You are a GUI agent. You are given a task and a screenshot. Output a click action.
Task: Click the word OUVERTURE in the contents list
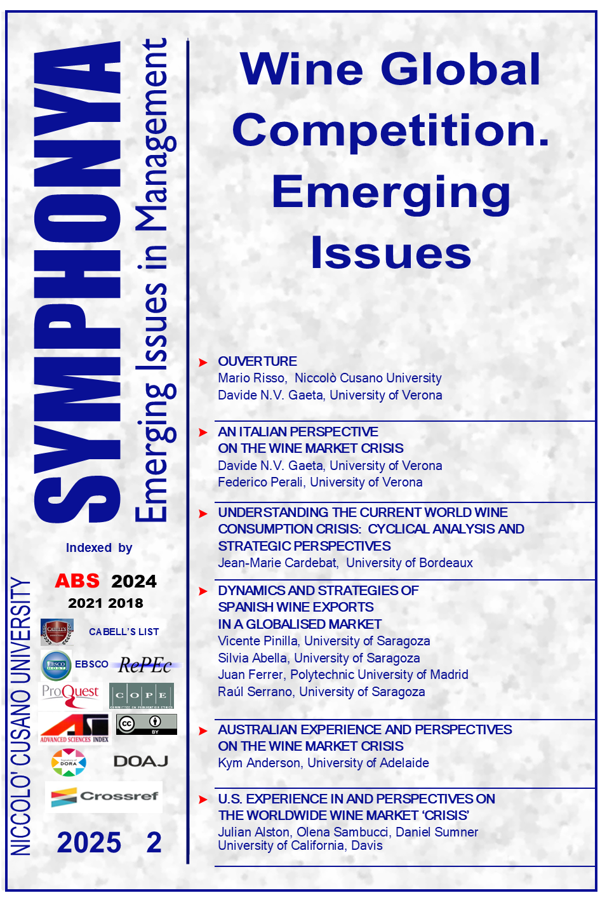[x=257, y=361]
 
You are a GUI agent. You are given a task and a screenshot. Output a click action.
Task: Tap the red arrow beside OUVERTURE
[x=203, y=362]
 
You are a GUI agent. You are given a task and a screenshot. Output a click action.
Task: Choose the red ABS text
[x=77, y=581]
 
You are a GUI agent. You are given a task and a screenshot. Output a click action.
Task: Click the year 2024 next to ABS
[x=134, y=581]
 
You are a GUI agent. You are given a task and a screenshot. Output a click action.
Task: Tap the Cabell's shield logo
[x=57, y=631]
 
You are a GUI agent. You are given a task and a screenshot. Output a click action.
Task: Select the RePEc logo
[x=145, y=665]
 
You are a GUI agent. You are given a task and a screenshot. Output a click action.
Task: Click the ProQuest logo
[x=70, y=695]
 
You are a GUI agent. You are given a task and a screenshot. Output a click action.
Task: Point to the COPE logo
[x=141, y=695]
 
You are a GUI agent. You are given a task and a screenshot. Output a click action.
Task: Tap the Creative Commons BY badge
[x=147, y=724]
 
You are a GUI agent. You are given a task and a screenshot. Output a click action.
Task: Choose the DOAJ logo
[x=141, y=761]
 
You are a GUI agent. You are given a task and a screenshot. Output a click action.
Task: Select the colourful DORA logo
[x=69, y=762]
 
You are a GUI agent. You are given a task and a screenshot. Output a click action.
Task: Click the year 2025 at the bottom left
[x=89, y=843]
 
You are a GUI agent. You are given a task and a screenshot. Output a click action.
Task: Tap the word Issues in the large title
[x=390, y=252]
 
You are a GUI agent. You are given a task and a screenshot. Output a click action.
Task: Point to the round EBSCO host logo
[x=57, y=666]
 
